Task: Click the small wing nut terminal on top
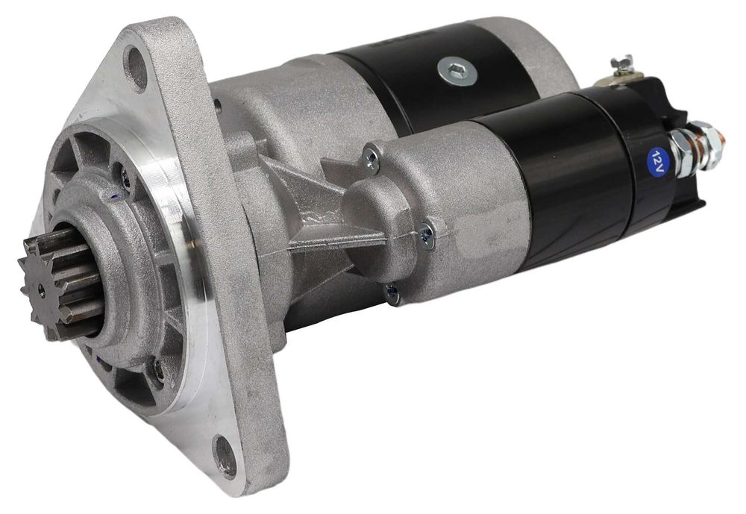[618, 63]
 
